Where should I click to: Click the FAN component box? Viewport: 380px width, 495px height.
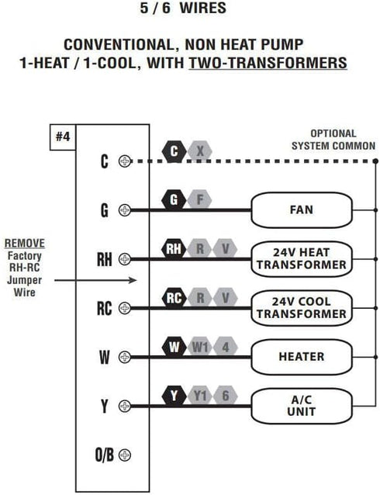(x=302, y=210)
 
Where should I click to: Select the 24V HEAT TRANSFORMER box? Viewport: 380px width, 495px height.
(x=302, y=259)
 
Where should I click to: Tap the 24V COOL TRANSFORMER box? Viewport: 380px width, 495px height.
(x=302, y=308)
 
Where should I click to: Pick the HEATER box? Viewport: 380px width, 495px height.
(x=302, y=357)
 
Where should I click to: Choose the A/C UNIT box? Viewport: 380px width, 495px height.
(x=302, y=406)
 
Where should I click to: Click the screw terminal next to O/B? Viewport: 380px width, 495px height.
(x=125, y=455)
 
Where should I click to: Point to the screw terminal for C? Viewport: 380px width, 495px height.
(x=125, y=161)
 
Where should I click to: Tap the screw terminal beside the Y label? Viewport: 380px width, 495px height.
(x=125, y=406)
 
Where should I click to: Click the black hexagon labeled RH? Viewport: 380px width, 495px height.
(x=174, y=249)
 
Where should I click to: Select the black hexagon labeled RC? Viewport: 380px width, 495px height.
(x=174, y=298)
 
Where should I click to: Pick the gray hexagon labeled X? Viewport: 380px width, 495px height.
(x=200, y=151)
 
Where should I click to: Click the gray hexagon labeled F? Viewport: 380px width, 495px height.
(x=199, y=200)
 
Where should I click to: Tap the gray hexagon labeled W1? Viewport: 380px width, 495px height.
(x=200, y=348)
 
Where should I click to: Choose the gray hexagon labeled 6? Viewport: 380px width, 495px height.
(x=226, y=396)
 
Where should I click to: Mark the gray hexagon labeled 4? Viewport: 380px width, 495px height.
(x=226, y=348)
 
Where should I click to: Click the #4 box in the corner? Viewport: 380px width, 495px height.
(x=63, y=137)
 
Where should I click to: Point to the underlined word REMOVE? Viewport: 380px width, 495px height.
(x=25, y=244)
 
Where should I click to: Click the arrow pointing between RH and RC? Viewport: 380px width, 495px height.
(x=95, y=280)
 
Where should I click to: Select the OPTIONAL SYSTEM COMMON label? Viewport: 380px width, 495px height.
(x=333, y=140)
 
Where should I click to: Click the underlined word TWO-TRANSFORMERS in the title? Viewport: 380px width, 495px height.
(x=268, y=63)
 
